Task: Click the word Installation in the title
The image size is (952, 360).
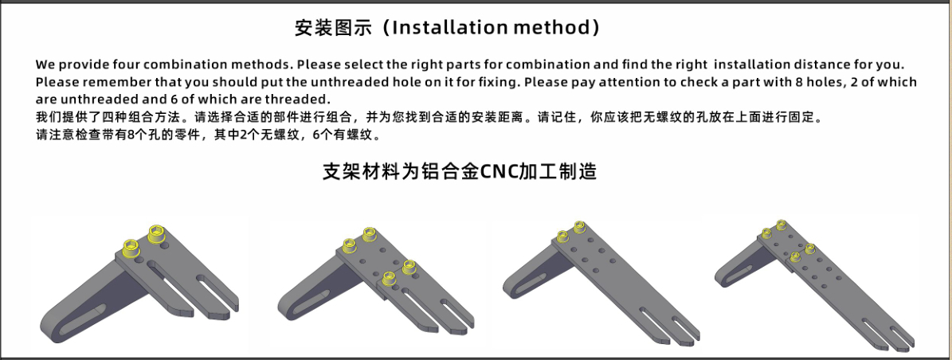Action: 449,28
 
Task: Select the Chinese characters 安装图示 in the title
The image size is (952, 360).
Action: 333,28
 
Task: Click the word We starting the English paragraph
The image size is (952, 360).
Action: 44,65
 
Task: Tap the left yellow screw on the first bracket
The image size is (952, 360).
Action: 131,248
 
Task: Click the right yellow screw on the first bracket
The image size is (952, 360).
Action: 158,233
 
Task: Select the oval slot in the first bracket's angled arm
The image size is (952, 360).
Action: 84,317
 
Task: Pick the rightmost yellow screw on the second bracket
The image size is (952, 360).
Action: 409,266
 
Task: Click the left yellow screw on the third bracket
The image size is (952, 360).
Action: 562,234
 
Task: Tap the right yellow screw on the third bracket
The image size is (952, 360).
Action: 579,227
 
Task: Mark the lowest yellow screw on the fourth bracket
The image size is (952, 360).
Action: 795,257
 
